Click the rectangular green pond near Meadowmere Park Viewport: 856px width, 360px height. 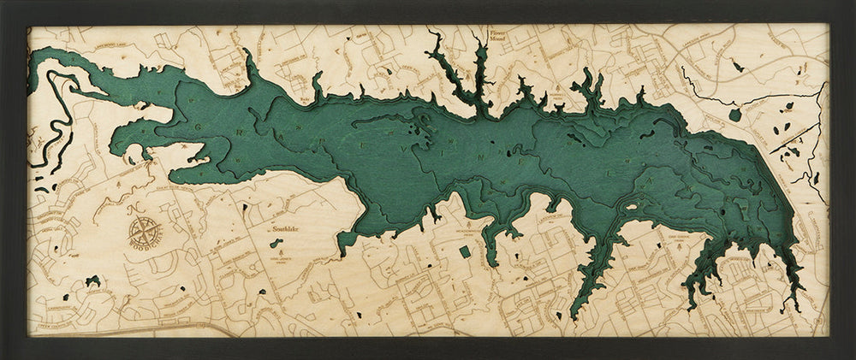(465, 252)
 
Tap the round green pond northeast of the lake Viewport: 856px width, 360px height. (734, 114)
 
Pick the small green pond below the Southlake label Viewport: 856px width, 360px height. (276, 243)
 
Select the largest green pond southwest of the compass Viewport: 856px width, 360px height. (92, 280)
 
